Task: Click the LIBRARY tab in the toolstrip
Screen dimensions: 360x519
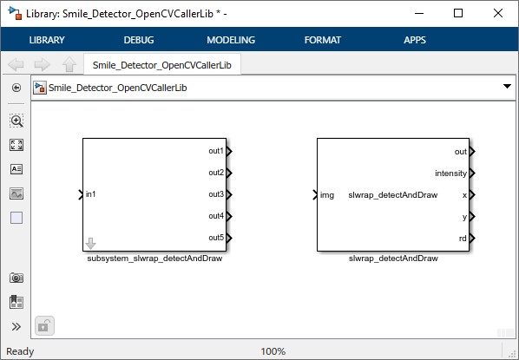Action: (x=47, y=40)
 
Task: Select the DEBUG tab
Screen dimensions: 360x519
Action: (x=140, y=40)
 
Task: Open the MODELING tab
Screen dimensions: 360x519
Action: (x=231, y=40)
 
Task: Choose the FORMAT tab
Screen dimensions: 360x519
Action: (x=324, y=40)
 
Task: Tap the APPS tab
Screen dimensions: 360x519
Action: (x=415, y=40)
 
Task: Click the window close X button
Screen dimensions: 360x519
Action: (x=498, y=13)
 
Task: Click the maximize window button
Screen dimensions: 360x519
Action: (x=458, y=13)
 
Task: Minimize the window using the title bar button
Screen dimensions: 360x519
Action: (x=419, y=13)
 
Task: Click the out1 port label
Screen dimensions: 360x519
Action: (x=215, y=151)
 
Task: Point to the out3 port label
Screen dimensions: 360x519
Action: (x=215, y=194)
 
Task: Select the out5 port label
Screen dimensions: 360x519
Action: (x=215, y=238)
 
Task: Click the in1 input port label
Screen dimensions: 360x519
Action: (x=91, y=193)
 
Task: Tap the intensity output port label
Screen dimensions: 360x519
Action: (x=450, y=173)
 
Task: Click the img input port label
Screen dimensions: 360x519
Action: (x=327, y=195)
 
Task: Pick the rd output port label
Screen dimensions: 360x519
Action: (x=463, y=239)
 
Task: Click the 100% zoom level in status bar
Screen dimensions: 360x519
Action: (x=273, y=351)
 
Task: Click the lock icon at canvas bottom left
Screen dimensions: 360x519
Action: (x=44, y=326)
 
